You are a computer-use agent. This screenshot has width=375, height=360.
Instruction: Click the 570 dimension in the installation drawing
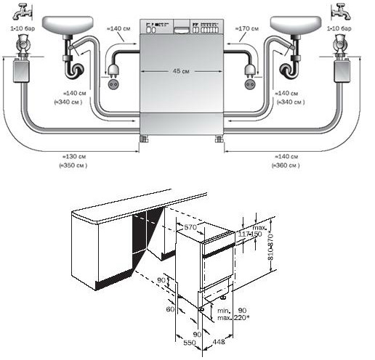pos(191,228)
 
